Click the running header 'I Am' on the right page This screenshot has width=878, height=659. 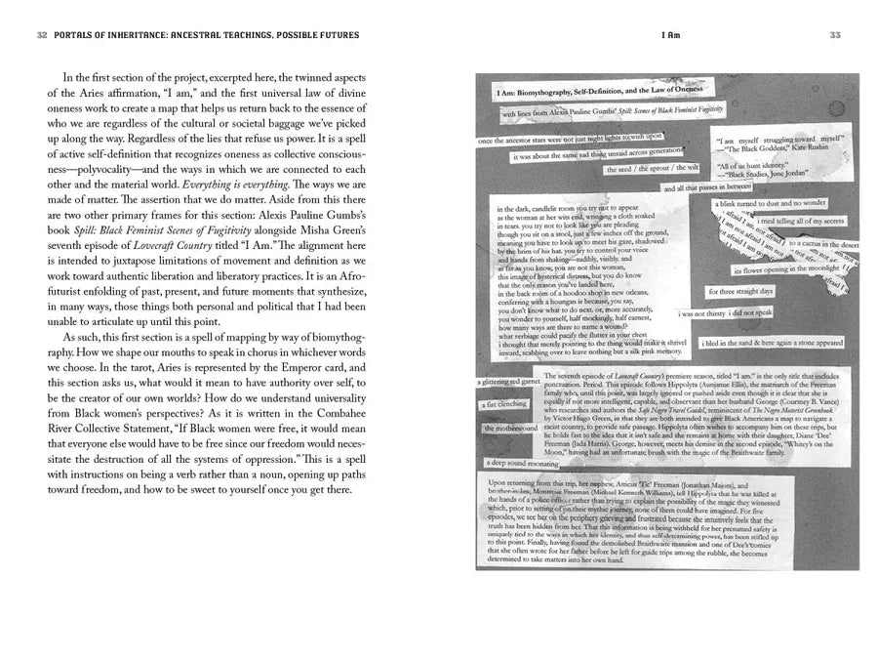coord(670,35)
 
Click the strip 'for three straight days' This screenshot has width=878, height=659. coord(740,291)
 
